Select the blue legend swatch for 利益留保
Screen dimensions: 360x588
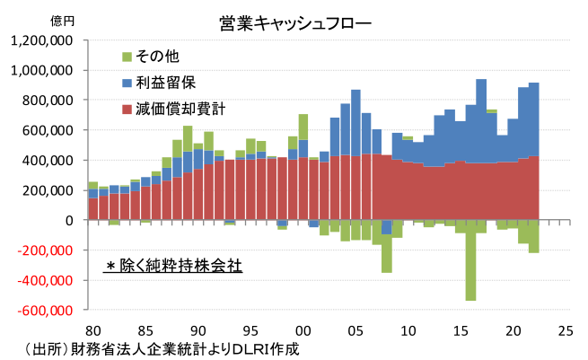point(126,83)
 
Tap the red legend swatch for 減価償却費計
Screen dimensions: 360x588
point(126,109)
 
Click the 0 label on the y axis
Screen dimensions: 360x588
point(69,220)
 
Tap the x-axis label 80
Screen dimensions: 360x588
point(93,329)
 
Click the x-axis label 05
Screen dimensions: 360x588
point(355,329)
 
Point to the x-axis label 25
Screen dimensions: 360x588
point(565,329)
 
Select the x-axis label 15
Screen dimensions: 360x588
point(461,329)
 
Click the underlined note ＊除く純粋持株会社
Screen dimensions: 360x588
point(173,267)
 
